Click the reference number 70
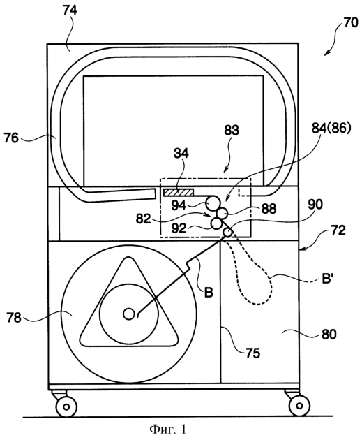(350, 22)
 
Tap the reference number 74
(70, 10)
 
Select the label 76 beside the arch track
(11, 138)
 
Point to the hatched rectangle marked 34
(179, 192)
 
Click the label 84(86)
(331, 129)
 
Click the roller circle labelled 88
(223, 214)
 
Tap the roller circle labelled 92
(216, 223)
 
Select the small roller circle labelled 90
(228, 232)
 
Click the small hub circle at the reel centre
(129, 314)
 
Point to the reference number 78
(14, 318)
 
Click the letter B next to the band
(208, 293)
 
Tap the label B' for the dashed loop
(326, 279)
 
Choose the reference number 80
(329, 334)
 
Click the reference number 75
(252, 353)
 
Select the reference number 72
(338, 230)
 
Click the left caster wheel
(66, 406)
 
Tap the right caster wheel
(299, 406)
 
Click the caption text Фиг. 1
(168, 429)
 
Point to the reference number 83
(232, 130)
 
